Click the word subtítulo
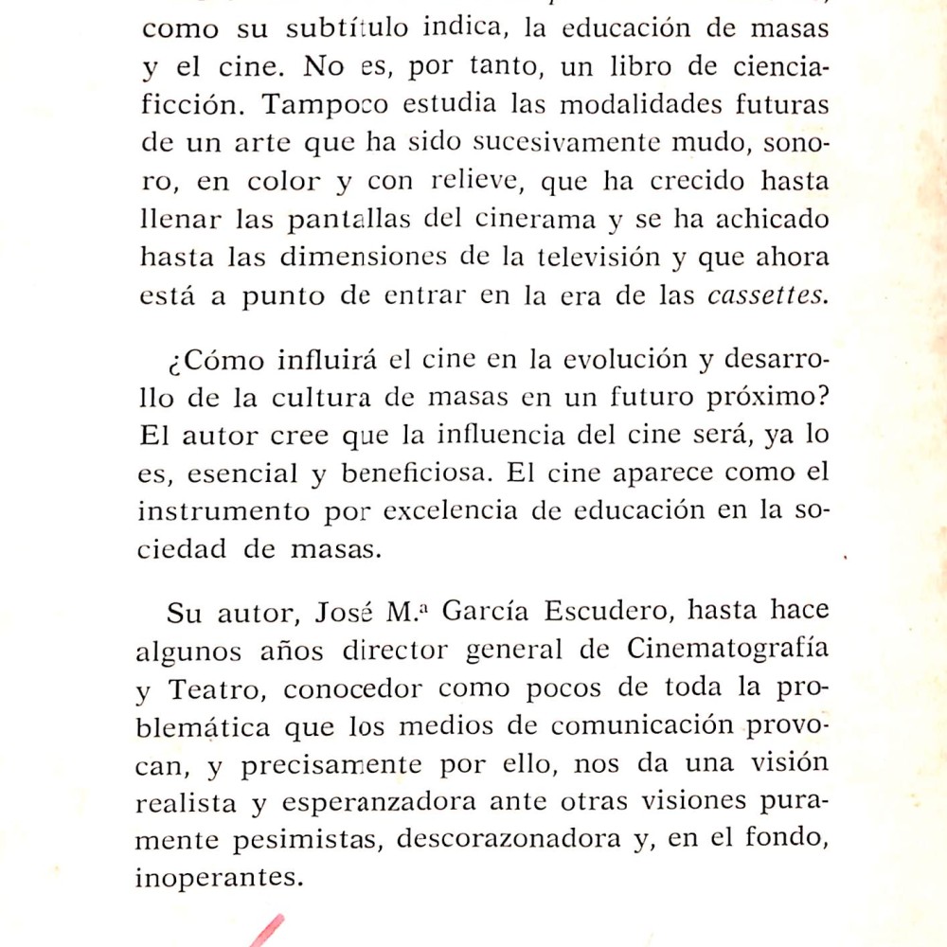click(x=348, y=28)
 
